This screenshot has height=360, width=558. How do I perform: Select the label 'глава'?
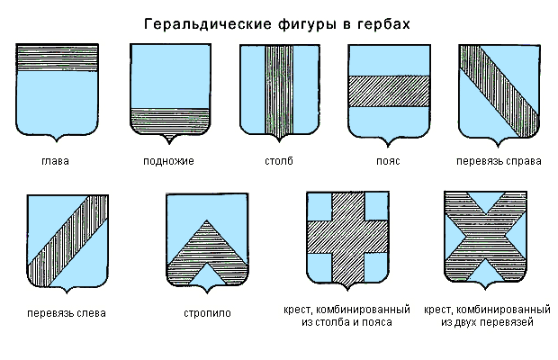56,162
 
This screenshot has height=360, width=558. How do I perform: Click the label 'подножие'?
168,162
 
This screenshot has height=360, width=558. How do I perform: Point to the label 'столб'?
279,162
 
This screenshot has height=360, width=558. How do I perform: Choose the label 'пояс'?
388,162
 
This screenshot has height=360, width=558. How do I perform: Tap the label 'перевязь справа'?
498,162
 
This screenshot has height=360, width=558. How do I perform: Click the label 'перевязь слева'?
67,314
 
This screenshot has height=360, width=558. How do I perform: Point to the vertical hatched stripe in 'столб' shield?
279,90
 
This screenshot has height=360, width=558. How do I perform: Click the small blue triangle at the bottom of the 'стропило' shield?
207,274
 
